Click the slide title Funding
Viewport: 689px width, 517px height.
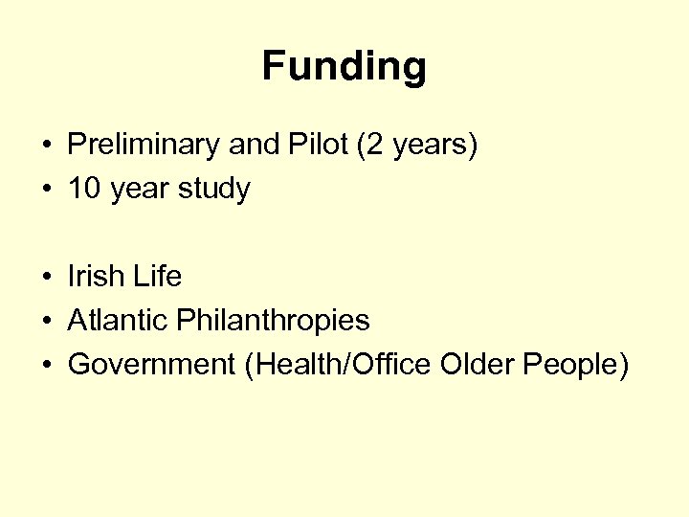[x=344, y=67]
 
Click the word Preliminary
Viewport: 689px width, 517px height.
[x=144, y=146]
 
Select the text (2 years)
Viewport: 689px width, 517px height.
[x=415, y=146]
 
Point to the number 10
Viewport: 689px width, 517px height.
[x=84, y=189]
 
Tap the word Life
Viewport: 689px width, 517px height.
[x=158, y=277]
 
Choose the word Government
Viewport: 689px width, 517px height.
[x=151, y=364]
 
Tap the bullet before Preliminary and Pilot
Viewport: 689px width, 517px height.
[x=46, y=146]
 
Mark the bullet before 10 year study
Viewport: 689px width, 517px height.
[x=46, y=190]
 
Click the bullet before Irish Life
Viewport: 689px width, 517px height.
[x=46, y=278]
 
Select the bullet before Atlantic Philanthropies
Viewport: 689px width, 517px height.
[x=46, y=321]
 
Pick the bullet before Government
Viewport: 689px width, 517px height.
[x=46, y=365]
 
